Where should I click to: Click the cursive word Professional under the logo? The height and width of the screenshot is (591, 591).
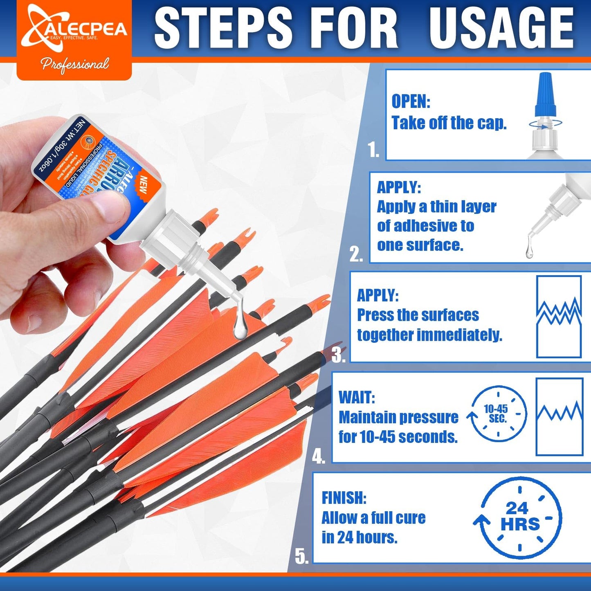click(75, 65)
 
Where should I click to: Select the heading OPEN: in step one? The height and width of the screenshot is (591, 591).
click(411, 101)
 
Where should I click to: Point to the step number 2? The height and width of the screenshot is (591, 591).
click(356, 254)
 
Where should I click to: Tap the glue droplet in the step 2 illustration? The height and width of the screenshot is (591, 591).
click(529, 250)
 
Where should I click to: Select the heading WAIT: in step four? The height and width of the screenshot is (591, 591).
click(357, 398)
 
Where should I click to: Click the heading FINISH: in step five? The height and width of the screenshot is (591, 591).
click(344, 498)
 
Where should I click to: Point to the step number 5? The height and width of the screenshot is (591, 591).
click(302, 557)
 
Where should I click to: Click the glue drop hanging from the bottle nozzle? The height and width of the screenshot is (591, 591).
click(240, 325)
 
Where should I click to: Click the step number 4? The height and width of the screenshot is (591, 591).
click(319, 456)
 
